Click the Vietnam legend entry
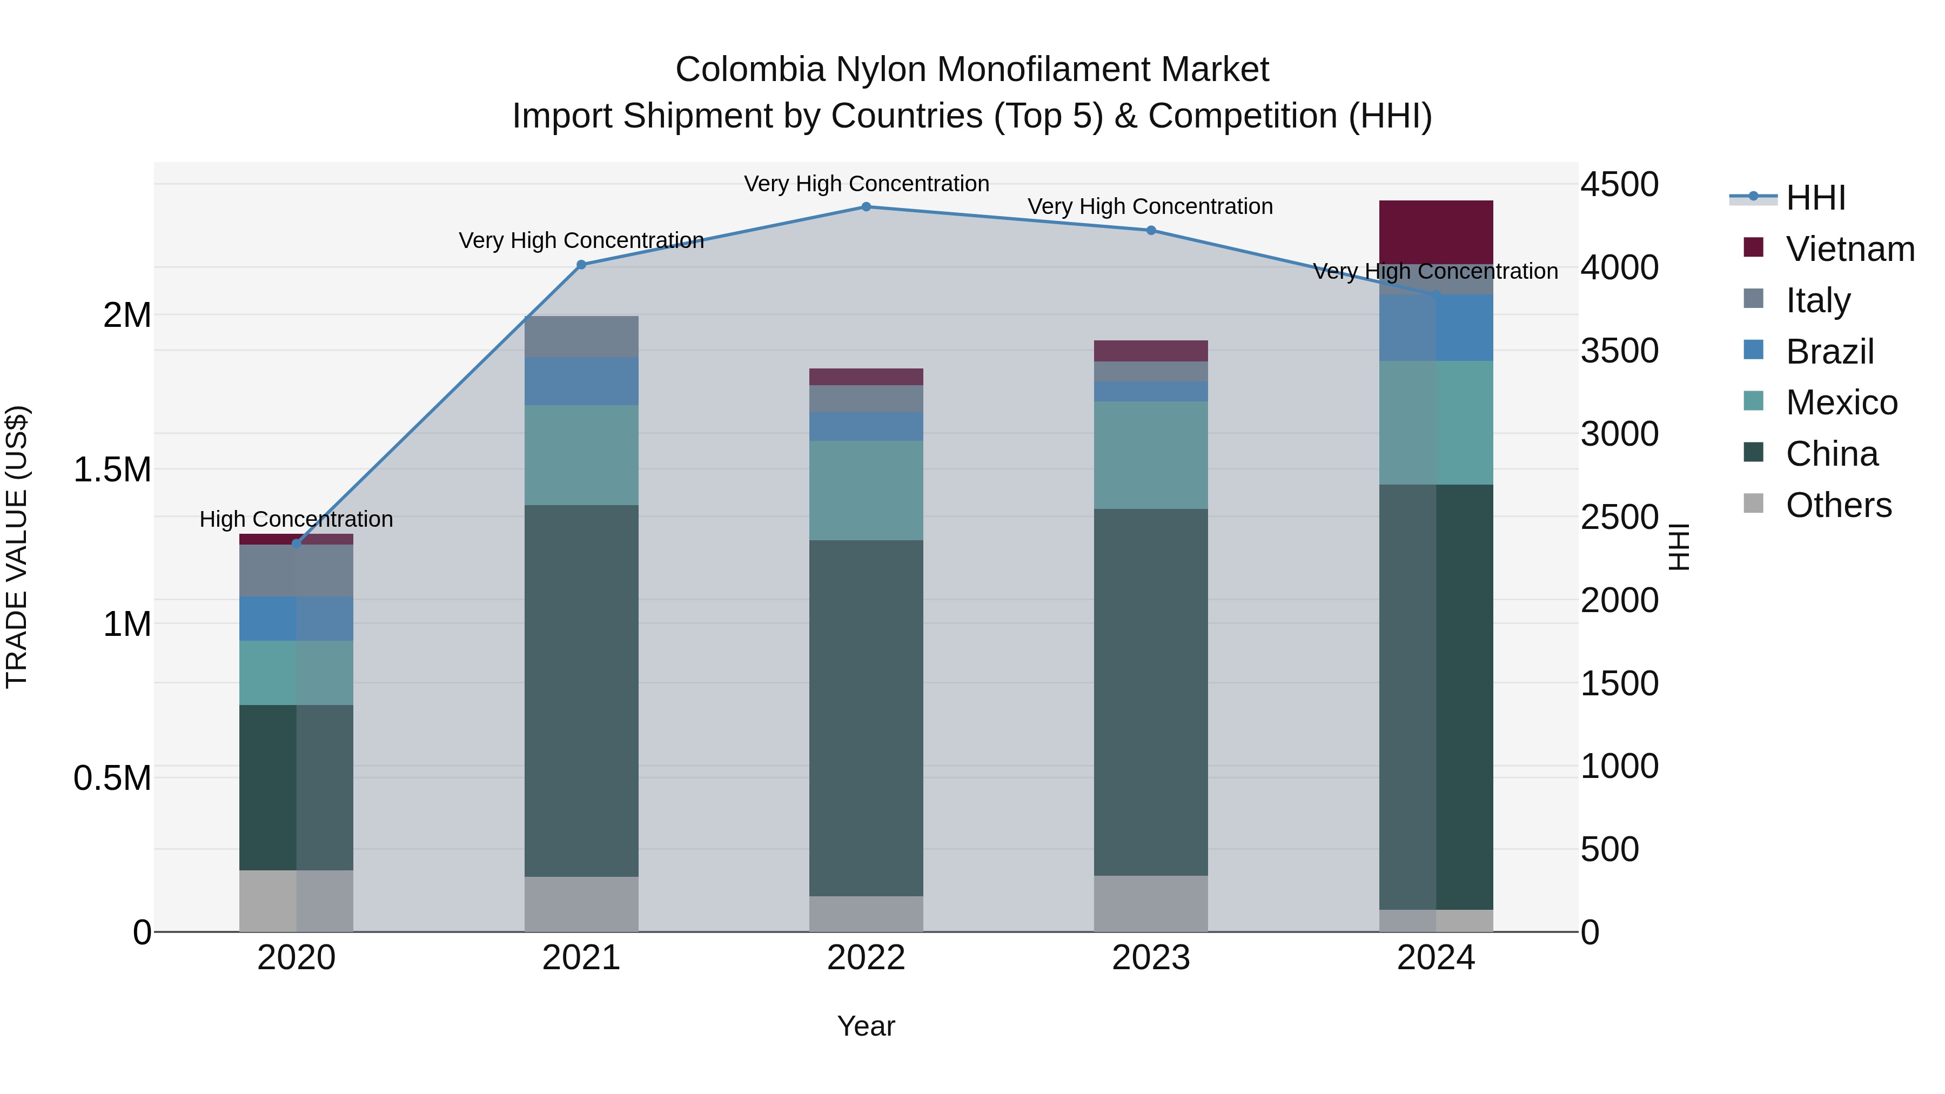1849,249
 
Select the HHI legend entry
1815,198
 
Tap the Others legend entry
1838,505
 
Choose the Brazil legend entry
1829,352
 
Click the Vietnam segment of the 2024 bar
1436,232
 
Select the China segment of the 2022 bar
866,717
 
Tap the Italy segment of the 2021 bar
581,337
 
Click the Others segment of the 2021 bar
581,904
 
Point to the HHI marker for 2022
866,207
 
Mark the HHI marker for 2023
1151,230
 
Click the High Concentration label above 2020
296,519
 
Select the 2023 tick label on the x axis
1151,958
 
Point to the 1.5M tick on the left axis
112,469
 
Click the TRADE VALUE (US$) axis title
17,547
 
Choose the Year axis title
866,1026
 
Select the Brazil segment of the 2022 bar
866,427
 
